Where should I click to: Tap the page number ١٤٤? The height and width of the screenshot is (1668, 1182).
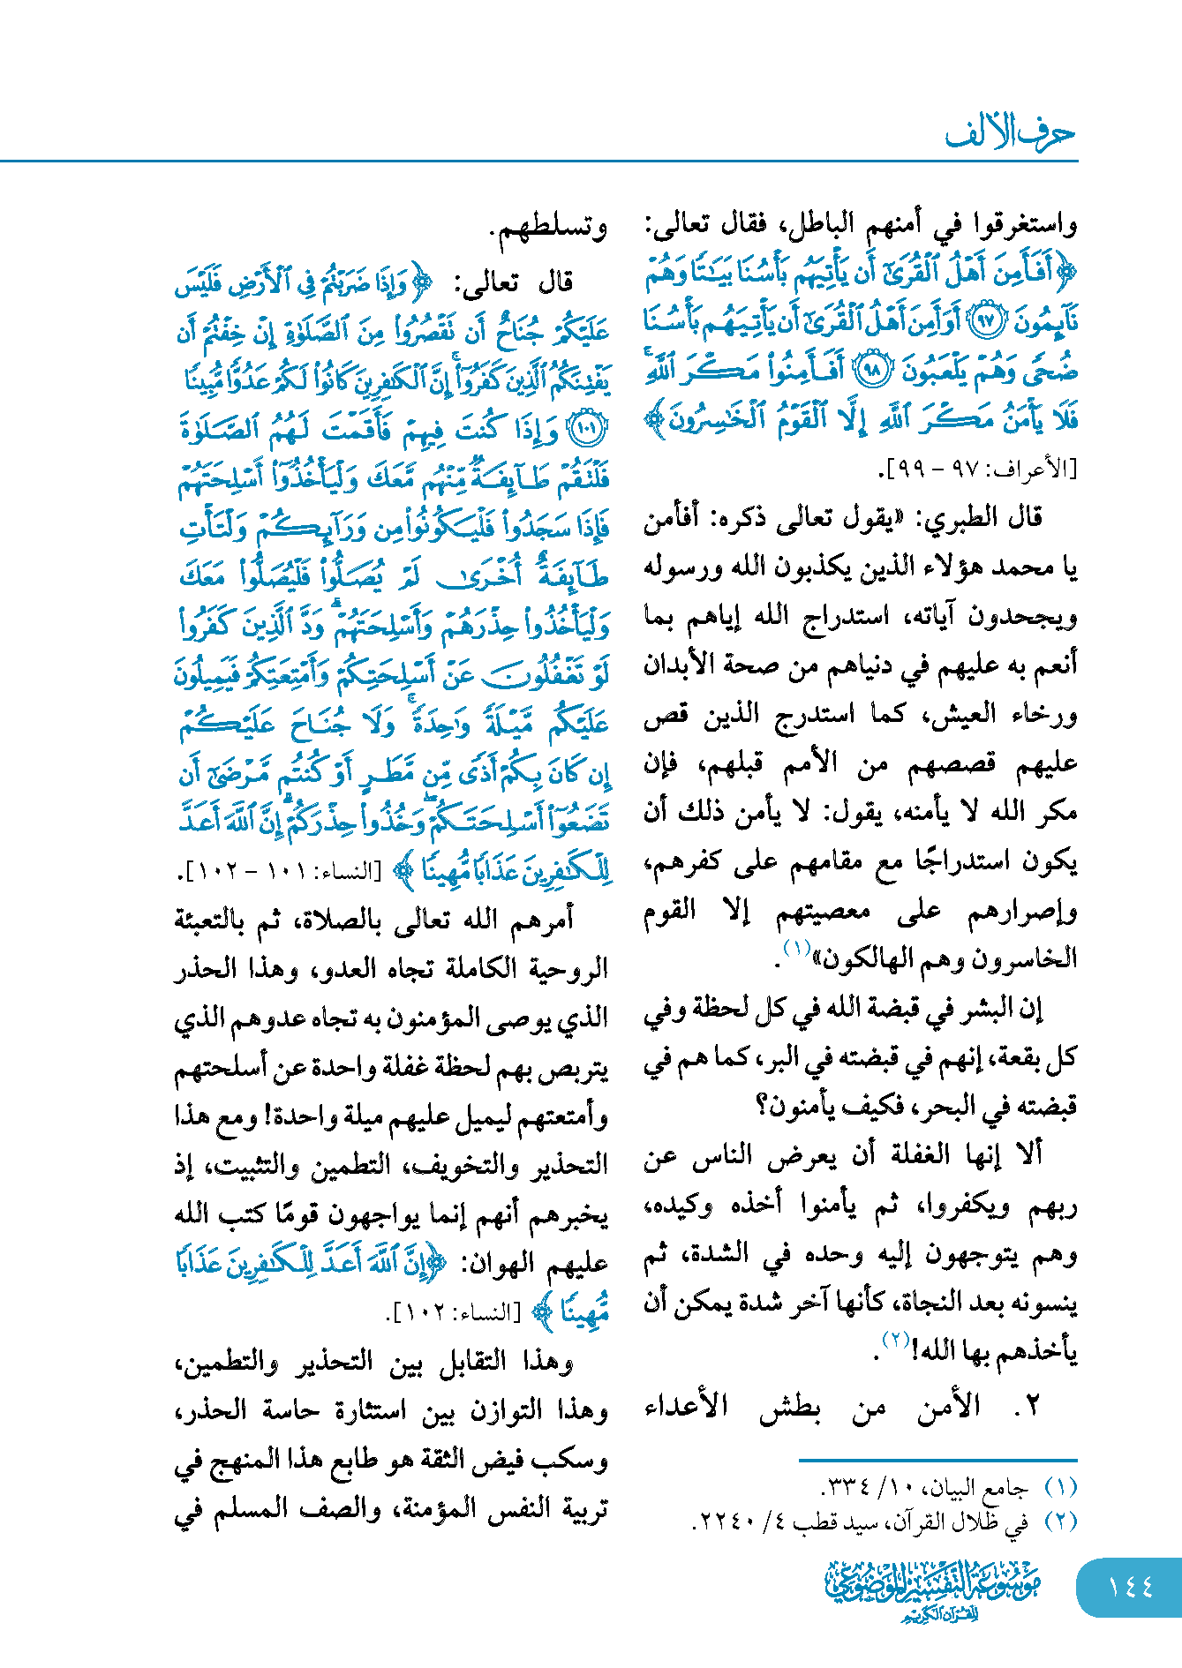[x=1131, y=1587]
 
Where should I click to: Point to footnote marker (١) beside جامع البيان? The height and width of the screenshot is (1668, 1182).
[x=1060, y=1487]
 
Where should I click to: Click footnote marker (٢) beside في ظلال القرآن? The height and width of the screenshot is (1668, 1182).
[x=1060, y=1521]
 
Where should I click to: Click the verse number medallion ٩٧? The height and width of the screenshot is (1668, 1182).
[x=987, y=322]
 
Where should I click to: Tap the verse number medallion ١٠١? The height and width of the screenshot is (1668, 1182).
[x=588, y=430]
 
